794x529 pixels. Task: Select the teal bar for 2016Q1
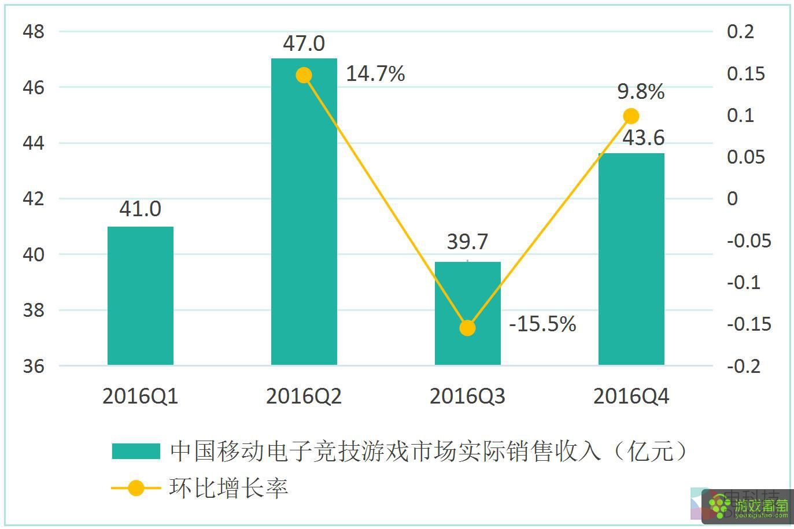pyautogui.click(x=141, y=295)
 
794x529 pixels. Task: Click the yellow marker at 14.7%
pyautogui.click(x=304, y=75)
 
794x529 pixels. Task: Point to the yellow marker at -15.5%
pyautogui.click(x=468, y=328)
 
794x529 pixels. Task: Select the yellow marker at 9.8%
pyautogui.click(x=631, y=116)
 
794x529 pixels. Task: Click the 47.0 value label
pyautogui.click(x=304, y=43)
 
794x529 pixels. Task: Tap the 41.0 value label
pyautogui.click(x=141, y=209)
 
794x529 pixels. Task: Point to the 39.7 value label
pyautogui.click(x=468, y=242)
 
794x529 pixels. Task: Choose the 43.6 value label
pyautogui.click(x=643, y=138)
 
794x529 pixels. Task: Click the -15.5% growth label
pyautogui.click(x=542, y=324)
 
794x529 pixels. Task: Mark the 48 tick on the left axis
pyautogui.click(x=34, y=32)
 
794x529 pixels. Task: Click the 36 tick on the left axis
pyautogui.click(x=34, y=366)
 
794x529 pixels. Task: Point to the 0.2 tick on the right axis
pyautogui.click(x=741, y=32)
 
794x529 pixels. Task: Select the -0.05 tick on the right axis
pyautogui.click(x=749, y=241)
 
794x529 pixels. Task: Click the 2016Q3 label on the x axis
pyautogui.click(x=468, y=397)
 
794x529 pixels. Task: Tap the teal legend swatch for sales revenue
pyautogui.click(x=136, y=451)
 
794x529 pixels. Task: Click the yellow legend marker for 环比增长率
pyautogui.click(x=136, y=489)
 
